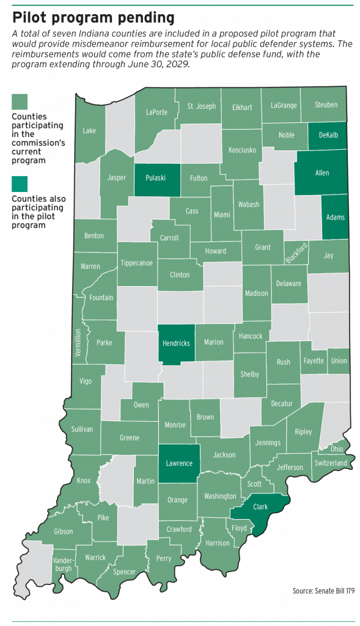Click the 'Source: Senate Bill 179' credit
[323, 591]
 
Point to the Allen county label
[321, 173]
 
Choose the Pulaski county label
[157, 179]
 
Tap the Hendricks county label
[175, 343]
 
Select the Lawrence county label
[179, 463]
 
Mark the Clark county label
[260, 507]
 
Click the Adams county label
[336, 217]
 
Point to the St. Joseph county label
[202, 106]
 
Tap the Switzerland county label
[331, 463]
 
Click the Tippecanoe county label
[137, 263]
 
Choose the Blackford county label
[297, 252]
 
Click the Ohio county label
[337, 449]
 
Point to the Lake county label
[89, 130]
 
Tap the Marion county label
[214, 342]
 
